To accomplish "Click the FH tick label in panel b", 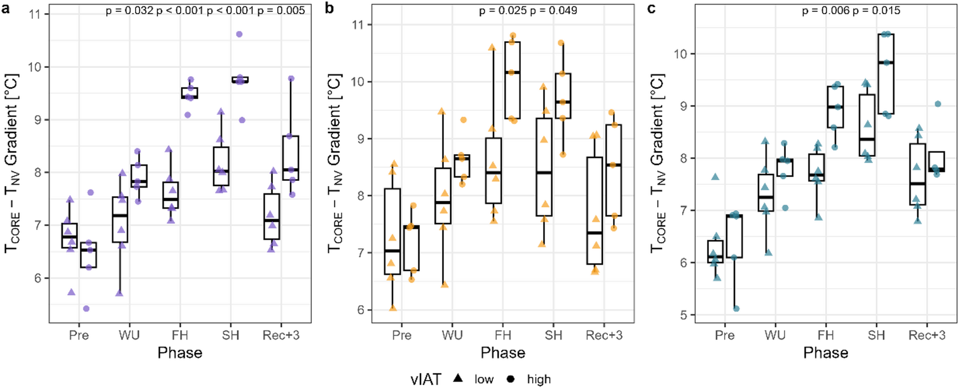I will point(503,335).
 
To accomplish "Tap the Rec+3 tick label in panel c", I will point(927,335).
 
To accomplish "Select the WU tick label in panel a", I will point(129,335).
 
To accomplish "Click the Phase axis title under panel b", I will point(503,353).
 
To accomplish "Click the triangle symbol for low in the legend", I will point(458,378).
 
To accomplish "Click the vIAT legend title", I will point(425,379).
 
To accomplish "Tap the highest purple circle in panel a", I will point(239,34).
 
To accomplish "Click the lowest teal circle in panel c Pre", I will point(736,309).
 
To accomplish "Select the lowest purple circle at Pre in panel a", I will point(85,309).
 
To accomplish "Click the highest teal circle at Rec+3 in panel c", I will point(937,104).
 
